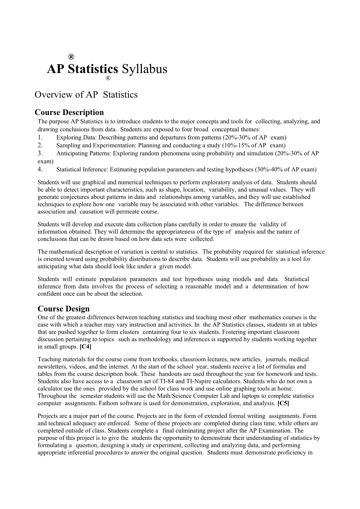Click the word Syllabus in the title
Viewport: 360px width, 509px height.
(144, 69)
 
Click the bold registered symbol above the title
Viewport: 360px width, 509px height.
(71, 57)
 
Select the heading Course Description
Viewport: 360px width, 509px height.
(69, 113)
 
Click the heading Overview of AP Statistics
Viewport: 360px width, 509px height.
(86, 95)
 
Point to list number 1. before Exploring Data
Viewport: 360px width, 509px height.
(40, 137)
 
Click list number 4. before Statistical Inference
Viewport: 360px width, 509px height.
(40, 169)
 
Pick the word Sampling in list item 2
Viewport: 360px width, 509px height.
(67, 145)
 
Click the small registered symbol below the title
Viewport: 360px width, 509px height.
(108, 78)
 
